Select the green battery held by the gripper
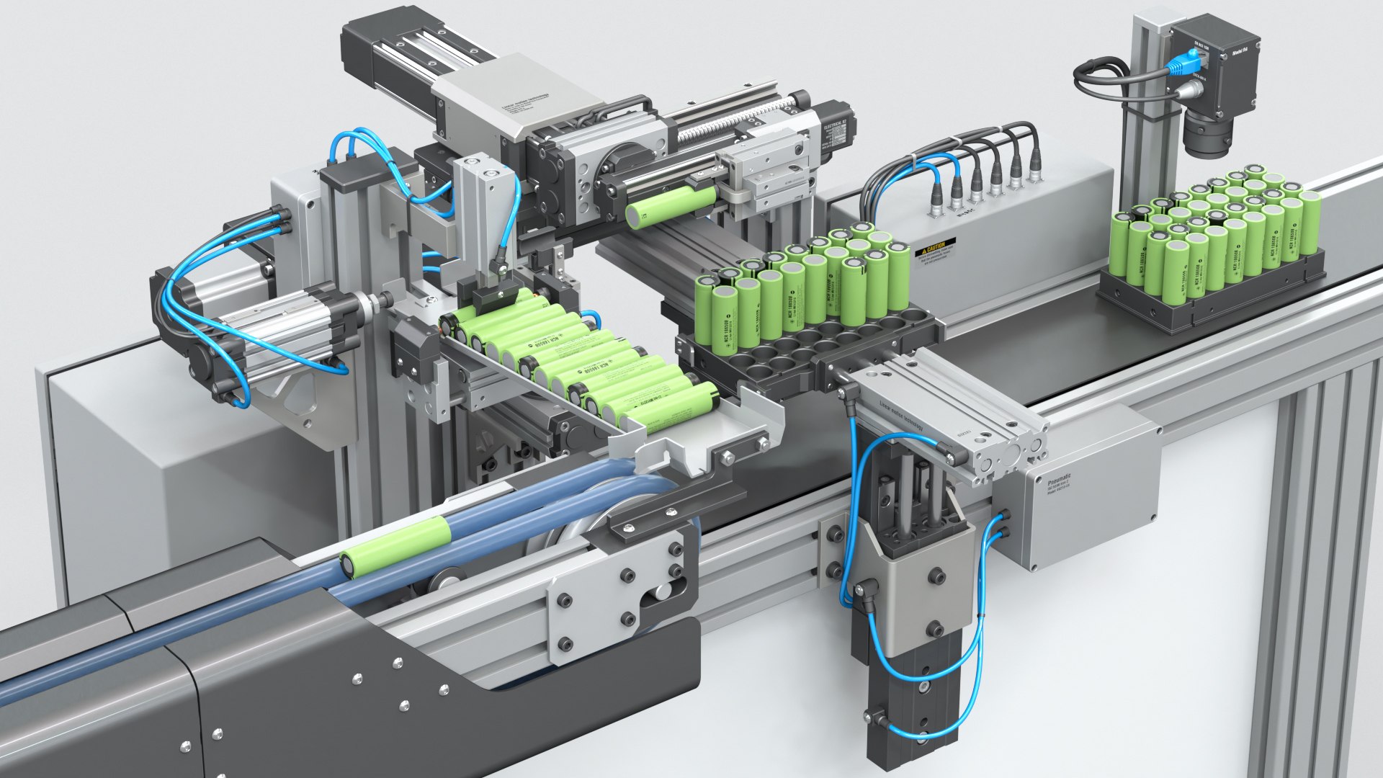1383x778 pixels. tap(670, 205)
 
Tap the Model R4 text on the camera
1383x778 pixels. tap(1243, 52)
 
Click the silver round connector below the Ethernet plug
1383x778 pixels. tap(1189, 91)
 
